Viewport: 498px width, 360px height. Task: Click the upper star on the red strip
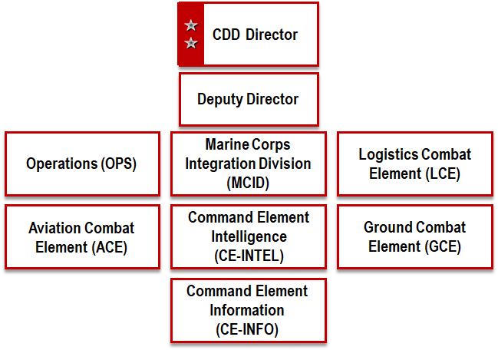(x=191, y=27)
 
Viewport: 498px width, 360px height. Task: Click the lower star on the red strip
(x=191, y=43)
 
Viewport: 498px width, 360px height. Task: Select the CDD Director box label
(x=244, y=35)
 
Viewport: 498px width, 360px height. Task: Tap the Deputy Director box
(x=248, y=99)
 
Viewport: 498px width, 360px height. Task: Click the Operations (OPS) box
(x=81, y=163)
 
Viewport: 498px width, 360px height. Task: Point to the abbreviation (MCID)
(x=248, y=183)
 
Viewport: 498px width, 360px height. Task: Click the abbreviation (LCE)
(x=442, y=173)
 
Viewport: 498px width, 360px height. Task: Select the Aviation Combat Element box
(x=81, y=237)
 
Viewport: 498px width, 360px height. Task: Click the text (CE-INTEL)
(x=248, y=256)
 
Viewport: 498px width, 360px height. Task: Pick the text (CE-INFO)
(x=248, y=330)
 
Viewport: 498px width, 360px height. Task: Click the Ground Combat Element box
(x=414, y=237)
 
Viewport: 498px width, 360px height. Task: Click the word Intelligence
(x=248, y=237)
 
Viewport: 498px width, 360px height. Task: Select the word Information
(x=248, y=310)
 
